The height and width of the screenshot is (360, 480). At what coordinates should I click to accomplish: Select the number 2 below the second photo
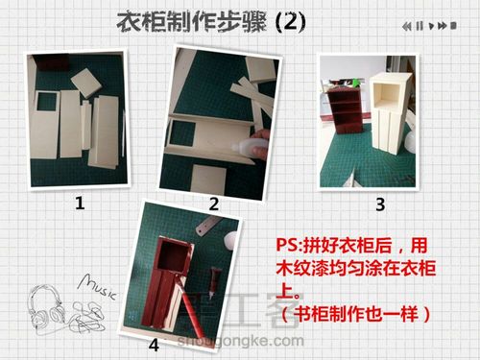click(213, 204)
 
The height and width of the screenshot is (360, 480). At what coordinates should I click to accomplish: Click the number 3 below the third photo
click(380, 204)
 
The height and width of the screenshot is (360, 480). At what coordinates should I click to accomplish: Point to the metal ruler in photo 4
click(212, 227)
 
